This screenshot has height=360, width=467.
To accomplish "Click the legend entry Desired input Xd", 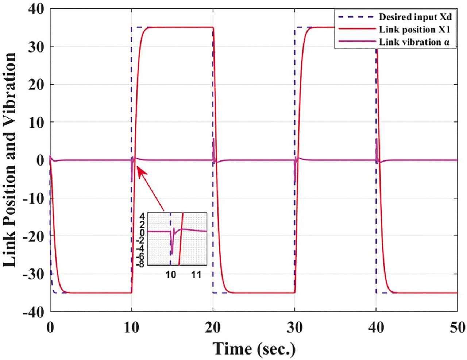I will pyautogui.click(x=415, y=17).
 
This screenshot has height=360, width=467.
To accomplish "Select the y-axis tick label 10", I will pyautogui.click(x=35, y=122).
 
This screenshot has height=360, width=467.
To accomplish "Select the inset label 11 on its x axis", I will pyautogui.click(x=196, y=274).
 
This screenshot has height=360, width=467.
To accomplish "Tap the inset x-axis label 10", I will pyautogui.click(x=171, y=274).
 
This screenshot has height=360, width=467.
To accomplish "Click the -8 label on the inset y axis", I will pyautogui.click(x=140, y=264).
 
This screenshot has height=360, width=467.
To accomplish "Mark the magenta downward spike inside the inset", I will pyautogui.click(x=172, y=248).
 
